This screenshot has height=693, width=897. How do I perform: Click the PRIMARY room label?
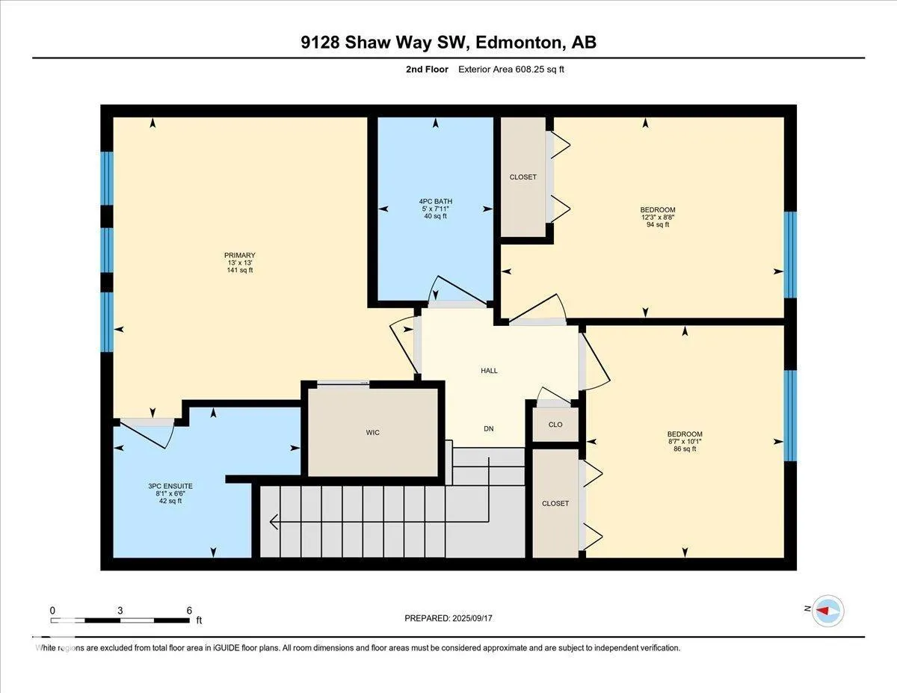[239, 255]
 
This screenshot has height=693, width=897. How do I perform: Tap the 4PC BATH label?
[436, 201]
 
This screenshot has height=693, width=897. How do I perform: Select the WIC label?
[373, 433]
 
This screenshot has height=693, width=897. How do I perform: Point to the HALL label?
[489, 371]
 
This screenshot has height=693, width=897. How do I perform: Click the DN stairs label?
[489, 429]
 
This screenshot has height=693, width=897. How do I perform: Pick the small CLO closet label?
[555, 425]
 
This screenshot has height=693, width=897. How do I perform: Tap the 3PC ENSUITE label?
[170, 486]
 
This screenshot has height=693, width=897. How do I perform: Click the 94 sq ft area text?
[658, 225]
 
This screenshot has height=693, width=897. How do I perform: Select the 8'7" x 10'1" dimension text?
[685, 442]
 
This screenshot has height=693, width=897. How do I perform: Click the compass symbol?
[827, 611]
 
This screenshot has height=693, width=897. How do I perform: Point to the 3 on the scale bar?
[120, 611]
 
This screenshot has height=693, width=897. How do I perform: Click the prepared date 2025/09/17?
[472, 618]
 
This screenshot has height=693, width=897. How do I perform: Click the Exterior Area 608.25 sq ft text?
[511, 70]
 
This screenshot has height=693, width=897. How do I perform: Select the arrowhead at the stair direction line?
[274, 522]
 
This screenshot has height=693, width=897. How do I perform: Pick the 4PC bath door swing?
[459, 289]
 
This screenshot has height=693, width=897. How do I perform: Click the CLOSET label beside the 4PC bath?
[523, 177]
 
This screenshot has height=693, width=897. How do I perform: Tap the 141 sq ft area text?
[240, 271]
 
